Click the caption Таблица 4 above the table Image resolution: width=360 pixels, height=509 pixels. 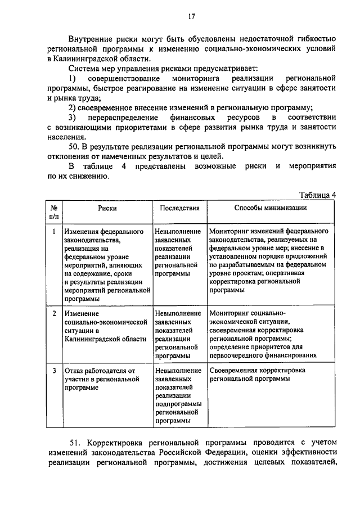point(317,195)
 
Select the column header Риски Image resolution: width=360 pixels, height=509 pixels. point(107,208)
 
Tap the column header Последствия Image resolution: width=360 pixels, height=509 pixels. point(179,208)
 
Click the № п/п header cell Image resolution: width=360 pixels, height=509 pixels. point(54,211)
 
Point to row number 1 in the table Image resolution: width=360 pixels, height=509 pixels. point(54,231)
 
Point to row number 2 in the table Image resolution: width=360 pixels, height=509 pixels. point(54,313)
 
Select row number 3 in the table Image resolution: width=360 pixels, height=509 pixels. point(54,371)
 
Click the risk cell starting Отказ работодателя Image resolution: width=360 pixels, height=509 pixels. point(101,379)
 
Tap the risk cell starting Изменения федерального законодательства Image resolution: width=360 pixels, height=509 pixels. point(107,264)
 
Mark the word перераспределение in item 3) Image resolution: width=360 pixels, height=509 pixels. point(119,117)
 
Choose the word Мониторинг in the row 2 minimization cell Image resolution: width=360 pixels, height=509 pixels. point(228,313)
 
